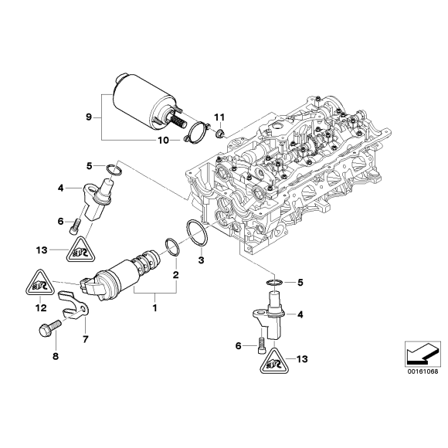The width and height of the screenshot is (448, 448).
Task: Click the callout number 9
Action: pyautogui.click(x=89, y=117)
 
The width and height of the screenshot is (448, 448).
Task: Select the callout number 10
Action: pyautogui.click(x=163, y=140)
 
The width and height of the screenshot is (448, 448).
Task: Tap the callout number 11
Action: pyautogui.click(x=219, y=117)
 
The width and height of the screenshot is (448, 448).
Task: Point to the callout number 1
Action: pyautogui.click(x=154, y=309)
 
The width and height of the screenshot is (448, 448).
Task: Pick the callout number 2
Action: pyautogui.click(x=176, y=276)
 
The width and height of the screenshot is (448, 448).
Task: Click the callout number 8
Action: pyautogui.click(x=55, y=356)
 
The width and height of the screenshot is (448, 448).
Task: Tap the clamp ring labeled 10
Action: pyautogui.click(x=198, y=133)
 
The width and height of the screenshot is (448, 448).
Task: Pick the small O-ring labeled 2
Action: pyautogui.click(x=170, y=248)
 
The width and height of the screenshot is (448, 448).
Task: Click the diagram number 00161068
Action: pyautogui.click(x=423, y=371)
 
